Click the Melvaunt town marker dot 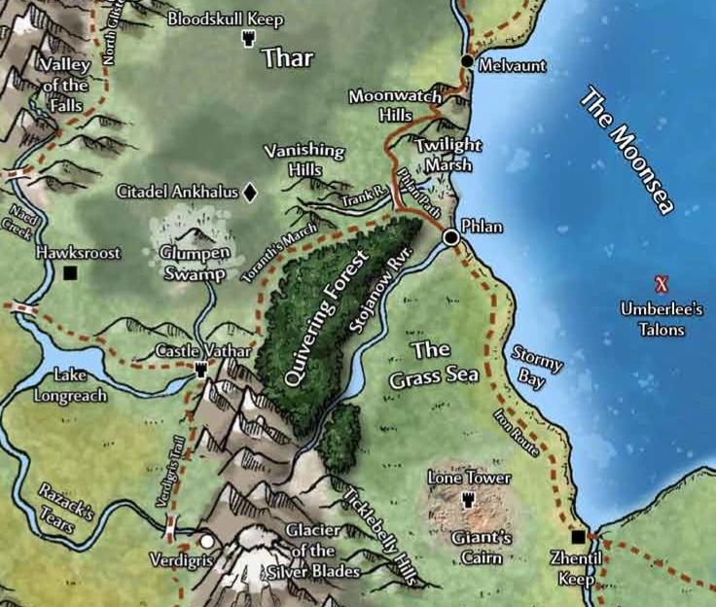[467, 61]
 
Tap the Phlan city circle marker [451, 236]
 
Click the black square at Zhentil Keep [578, 536]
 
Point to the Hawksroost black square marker [70, 273]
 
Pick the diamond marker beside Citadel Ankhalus [250, 193]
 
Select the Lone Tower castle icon [468, 499]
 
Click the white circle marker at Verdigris [206, 540]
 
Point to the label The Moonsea [630, 152]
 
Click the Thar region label [287, 58]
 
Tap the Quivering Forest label [324, 316]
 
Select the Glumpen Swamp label [194, 264]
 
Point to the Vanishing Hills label [304, 160]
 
